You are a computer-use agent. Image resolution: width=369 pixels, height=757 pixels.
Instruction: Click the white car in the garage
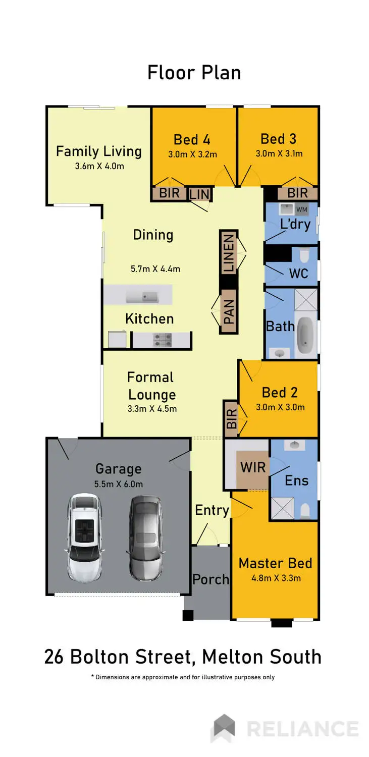pos(84,537)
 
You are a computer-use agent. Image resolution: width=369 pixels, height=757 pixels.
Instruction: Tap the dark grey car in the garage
pos(145,538)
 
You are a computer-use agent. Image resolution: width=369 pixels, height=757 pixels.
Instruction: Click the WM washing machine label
pos(301,209)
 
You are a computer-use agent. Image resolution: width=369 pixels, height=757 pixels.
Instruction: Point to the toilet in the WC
pos(304,258)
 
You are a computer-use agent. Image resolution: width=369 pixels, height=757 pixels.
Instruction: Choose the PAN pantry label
pos(229,312)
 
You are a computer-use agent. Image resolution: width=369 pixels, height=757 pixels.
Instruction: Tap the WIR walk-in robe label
pos(253,467)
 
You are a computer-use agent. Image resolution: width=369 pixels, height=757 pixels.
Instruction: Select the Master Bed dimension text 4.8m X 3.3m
pos(276,578)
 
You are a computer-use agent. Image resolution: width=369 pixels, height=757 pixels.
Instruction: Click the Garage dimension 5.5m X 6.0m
pos(118,484)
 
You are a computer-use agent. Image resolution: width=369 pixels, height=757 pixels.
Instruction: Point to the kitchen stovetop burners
pos(162,340)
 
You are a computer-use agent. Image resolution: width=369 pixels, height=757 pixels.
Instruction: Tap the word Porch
pos(210,579)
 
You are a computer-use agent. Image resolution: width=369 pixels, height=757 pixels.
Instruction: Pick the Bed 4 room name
pos(192,140)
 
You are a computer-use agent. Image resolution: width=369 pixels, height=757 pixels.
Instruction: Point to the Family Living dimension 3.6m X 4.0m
pos(97,166)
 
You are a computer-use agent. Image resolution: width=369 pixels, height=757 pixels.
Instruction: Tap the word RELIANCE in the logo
pos(303,729)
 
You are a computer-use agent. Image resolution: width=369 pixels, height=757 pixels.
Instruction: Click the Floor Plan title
pos(194,73)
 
